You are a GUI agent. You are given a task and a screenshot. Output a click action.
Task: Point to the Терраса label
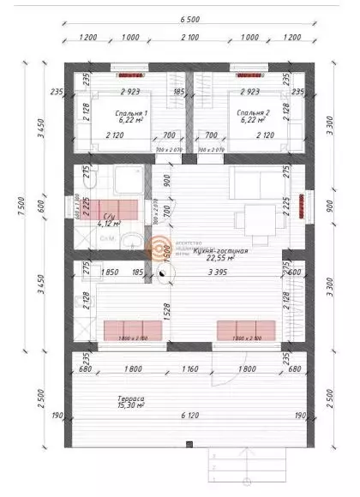131,399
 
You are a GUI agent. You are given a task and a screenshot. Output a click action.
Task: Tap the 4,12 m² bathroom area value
109,224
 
